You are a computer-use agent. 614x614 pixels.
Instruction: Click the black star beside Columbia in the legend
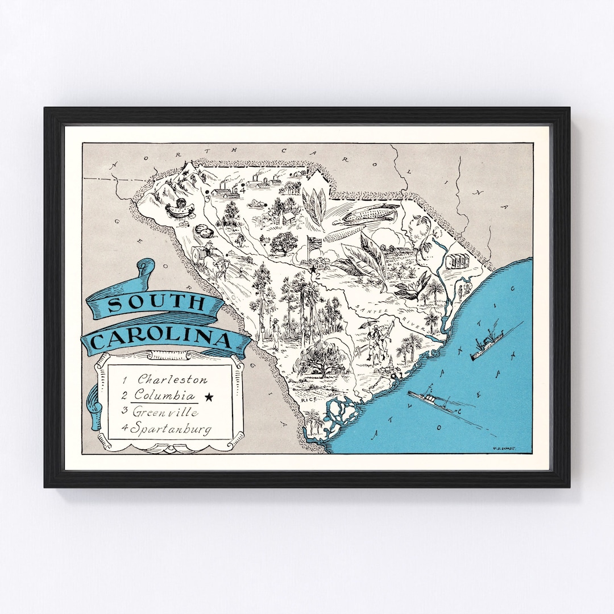click(x=209, y=397)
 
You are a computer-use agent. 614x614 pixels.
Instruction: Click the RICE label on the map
click(x=309, y=400)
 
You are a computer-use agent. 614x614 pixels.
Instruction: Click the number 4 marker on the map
click(x=243, y=190)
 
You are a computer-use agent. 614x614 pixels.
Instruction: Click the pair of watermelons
click(x=203, y=232)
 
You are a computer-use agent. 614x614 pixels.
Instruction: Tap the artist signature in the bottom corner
click(x=509, y=447)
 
